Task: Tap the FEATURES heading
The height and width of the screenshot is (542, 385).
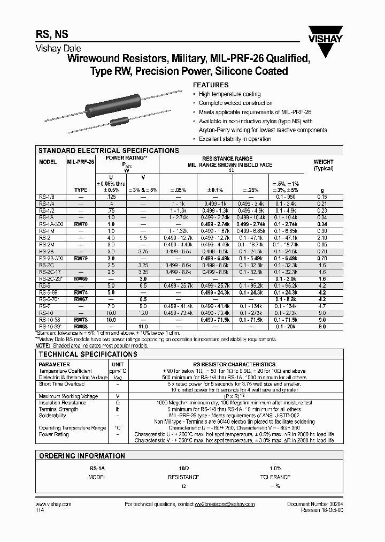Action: click(x=210, y=85)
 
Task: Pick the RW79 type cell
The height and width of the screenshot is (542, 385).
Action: click(x=80, y=258)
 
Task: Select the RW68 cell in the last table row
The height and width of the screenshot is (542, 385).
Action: click(x=80, y=326)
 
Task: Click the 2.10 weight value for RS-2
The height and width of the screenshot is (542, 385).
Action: click(x=322, y=237)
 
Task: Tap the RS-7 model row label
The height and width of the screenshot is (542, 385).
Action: click(x=45, y=305)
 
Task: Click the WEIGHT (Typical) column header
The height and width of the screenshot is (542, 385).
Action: click(x=323, y=165)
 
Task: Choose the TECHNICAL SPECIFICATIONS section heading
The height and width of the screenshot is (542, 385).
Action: click(x=88, y=355)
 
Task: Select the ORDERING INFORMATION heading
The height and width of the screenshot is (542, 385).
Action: click(x=81, y=456)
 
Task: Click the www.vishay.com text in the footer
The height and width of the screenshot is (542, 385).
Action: click(x=53, y=505)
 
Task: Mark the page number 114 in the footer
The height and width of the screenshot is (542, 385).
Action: click(x=40, y=511)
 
